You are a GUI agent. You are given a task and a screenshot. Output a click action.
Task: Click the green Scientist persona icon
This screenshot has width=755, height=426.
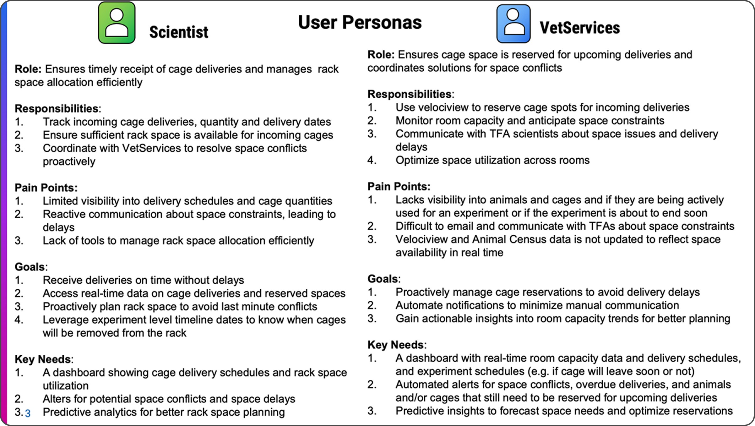(x=117, y=23)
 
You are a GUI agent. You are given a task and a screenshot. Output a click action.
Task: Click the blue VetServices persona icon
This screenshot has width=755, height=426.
(x=513, y=24)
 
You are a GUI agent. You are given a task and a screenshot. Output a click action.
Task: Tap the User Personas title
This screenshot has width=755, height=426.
(x=360, y=22)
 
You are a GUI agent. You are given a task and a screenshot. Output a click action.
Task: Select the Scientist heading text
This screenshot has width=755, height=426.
(x=179, y=32)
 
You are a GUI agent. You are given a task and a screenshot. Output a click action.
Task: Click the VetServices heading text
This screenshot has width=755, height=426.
(x=580, y=28)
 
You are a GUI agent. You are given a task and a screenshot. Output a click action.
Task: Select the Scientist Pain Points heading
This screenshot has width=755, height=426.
(x=46, y=188)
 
